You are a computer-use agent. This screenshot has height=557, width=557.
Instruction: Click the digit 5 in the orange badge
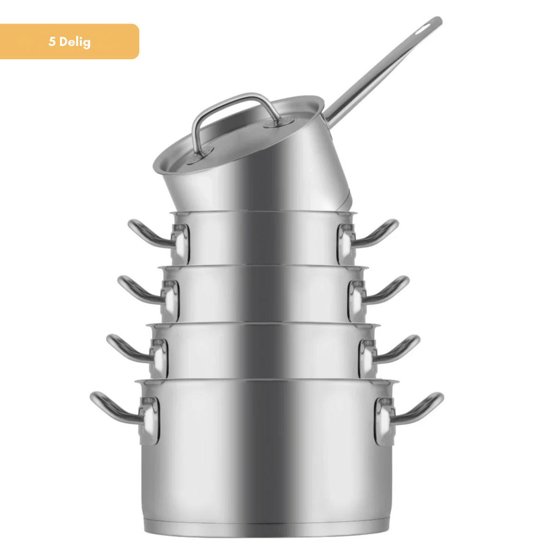pos(52,42)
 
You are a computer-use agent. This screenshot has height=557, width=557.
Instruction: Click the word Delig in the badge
pos(75,43)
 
